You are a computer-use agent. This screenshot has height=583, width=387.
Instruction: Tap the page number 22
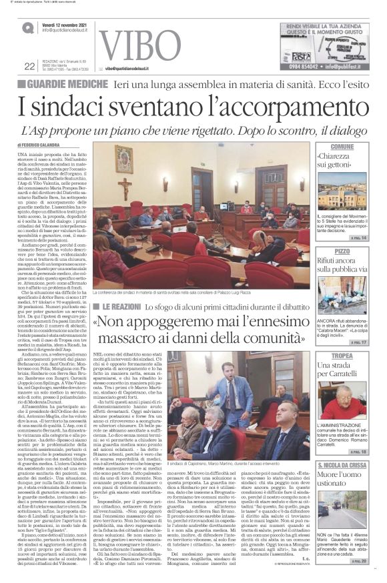point(29,65)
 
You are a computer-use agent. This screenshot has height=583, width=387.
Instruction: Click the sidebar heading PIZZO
point(342,251)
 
